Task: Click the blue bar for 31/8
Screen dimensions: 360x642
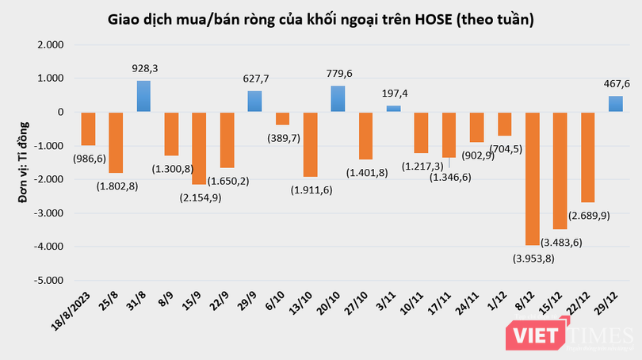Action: [x=143, y=96]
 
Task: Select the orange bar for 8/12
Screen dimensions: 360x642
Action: [x=532, y=178]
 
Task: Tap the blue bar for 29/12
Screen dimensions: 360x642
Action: [x=615, y=104]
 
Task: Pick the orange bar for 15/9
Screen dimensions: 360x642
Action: [x=199, y=148]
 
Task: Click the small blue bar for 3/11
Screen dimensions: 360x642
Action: [x=393, y=109]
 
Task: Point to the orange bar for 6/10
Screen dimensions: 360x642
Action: [x=282, y=118]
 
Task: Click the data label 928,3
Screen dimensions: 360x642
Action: [x=143, y=70]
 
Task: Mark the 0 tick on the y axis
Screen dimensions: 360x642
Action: [x=58, y=113]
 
